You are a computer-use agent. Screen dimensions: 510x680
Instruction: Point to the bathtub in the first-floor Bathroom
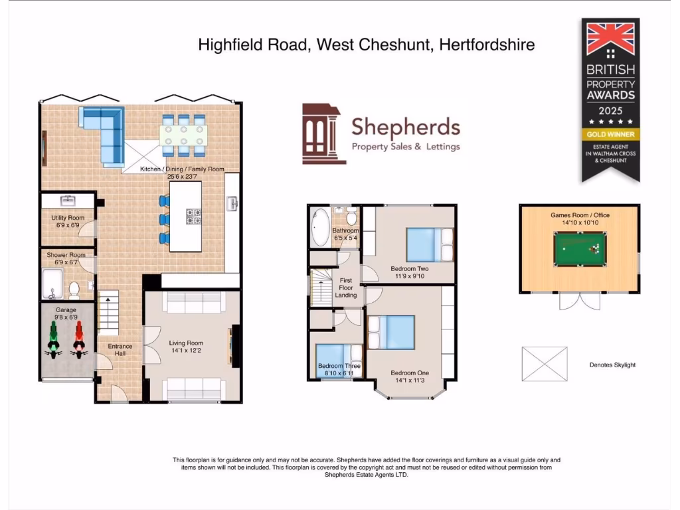(319, 228)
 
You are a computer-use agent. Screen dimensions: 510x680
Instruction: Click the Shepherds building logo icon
(323, 133)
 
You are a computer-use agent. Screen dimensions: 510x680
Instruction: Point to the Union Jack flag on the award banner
(611, 40)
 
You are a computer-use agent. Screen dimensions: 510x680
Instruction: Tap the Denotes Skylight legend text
(612, 365)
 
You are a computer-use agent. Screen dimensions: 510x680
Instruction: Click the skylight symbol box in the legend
(545, 363)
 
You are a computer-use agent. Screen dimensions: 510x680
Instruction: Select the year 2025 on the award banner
(611, 110)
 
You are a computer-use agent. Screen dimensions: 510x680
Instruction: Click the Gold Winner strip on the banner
(611, 134)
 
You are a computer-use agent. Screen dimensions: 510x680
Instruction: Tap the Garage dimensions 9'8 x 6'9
(66, 317)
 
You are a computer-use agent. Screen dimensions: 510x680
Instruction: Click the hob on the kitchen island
(193, 216)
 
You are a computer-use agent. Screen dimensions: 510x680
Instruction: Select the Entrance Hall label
(120, 349)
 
